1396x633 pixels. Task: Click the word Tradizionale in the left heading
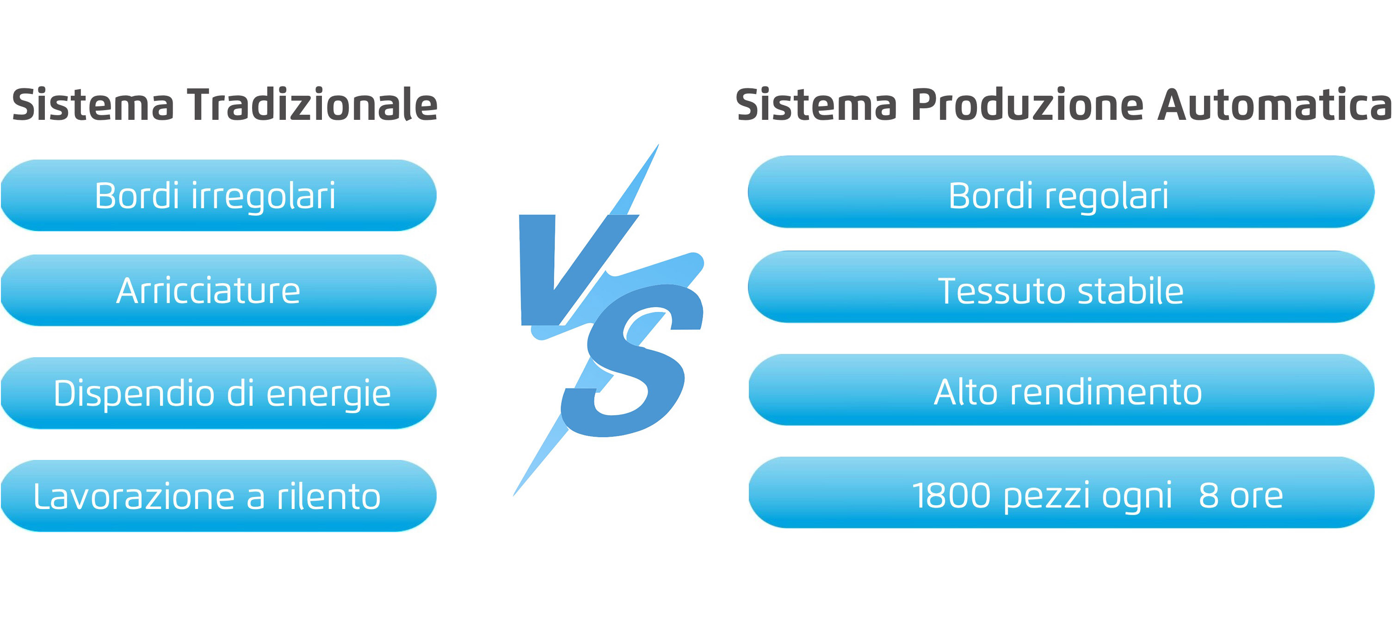coord(313,104)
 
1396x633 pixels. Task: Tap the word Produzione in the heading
coord(1027,104)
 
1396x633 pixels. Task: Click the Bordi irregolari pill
coord(218,195)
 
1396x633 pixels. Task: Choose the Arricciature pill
coord(218,290)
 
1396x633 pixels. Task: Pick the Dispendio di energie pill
coord(218,393)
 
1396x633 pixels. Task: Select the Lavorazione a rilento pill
coord(218,496)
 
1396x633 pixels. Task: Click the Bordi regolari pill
coord(1061,192)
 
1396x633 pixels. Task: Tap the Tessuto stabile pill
coord(1061,287)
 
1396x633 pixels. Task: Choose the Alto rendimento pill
coord(1061,390)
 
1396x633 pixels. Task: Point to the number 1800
coord(951,496)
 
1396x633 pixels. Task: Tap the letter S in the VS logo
coord(631,360)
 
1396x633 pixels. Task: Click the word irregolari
coord(263,196)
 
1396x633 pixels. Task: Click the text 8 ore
coord(1241,496)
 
